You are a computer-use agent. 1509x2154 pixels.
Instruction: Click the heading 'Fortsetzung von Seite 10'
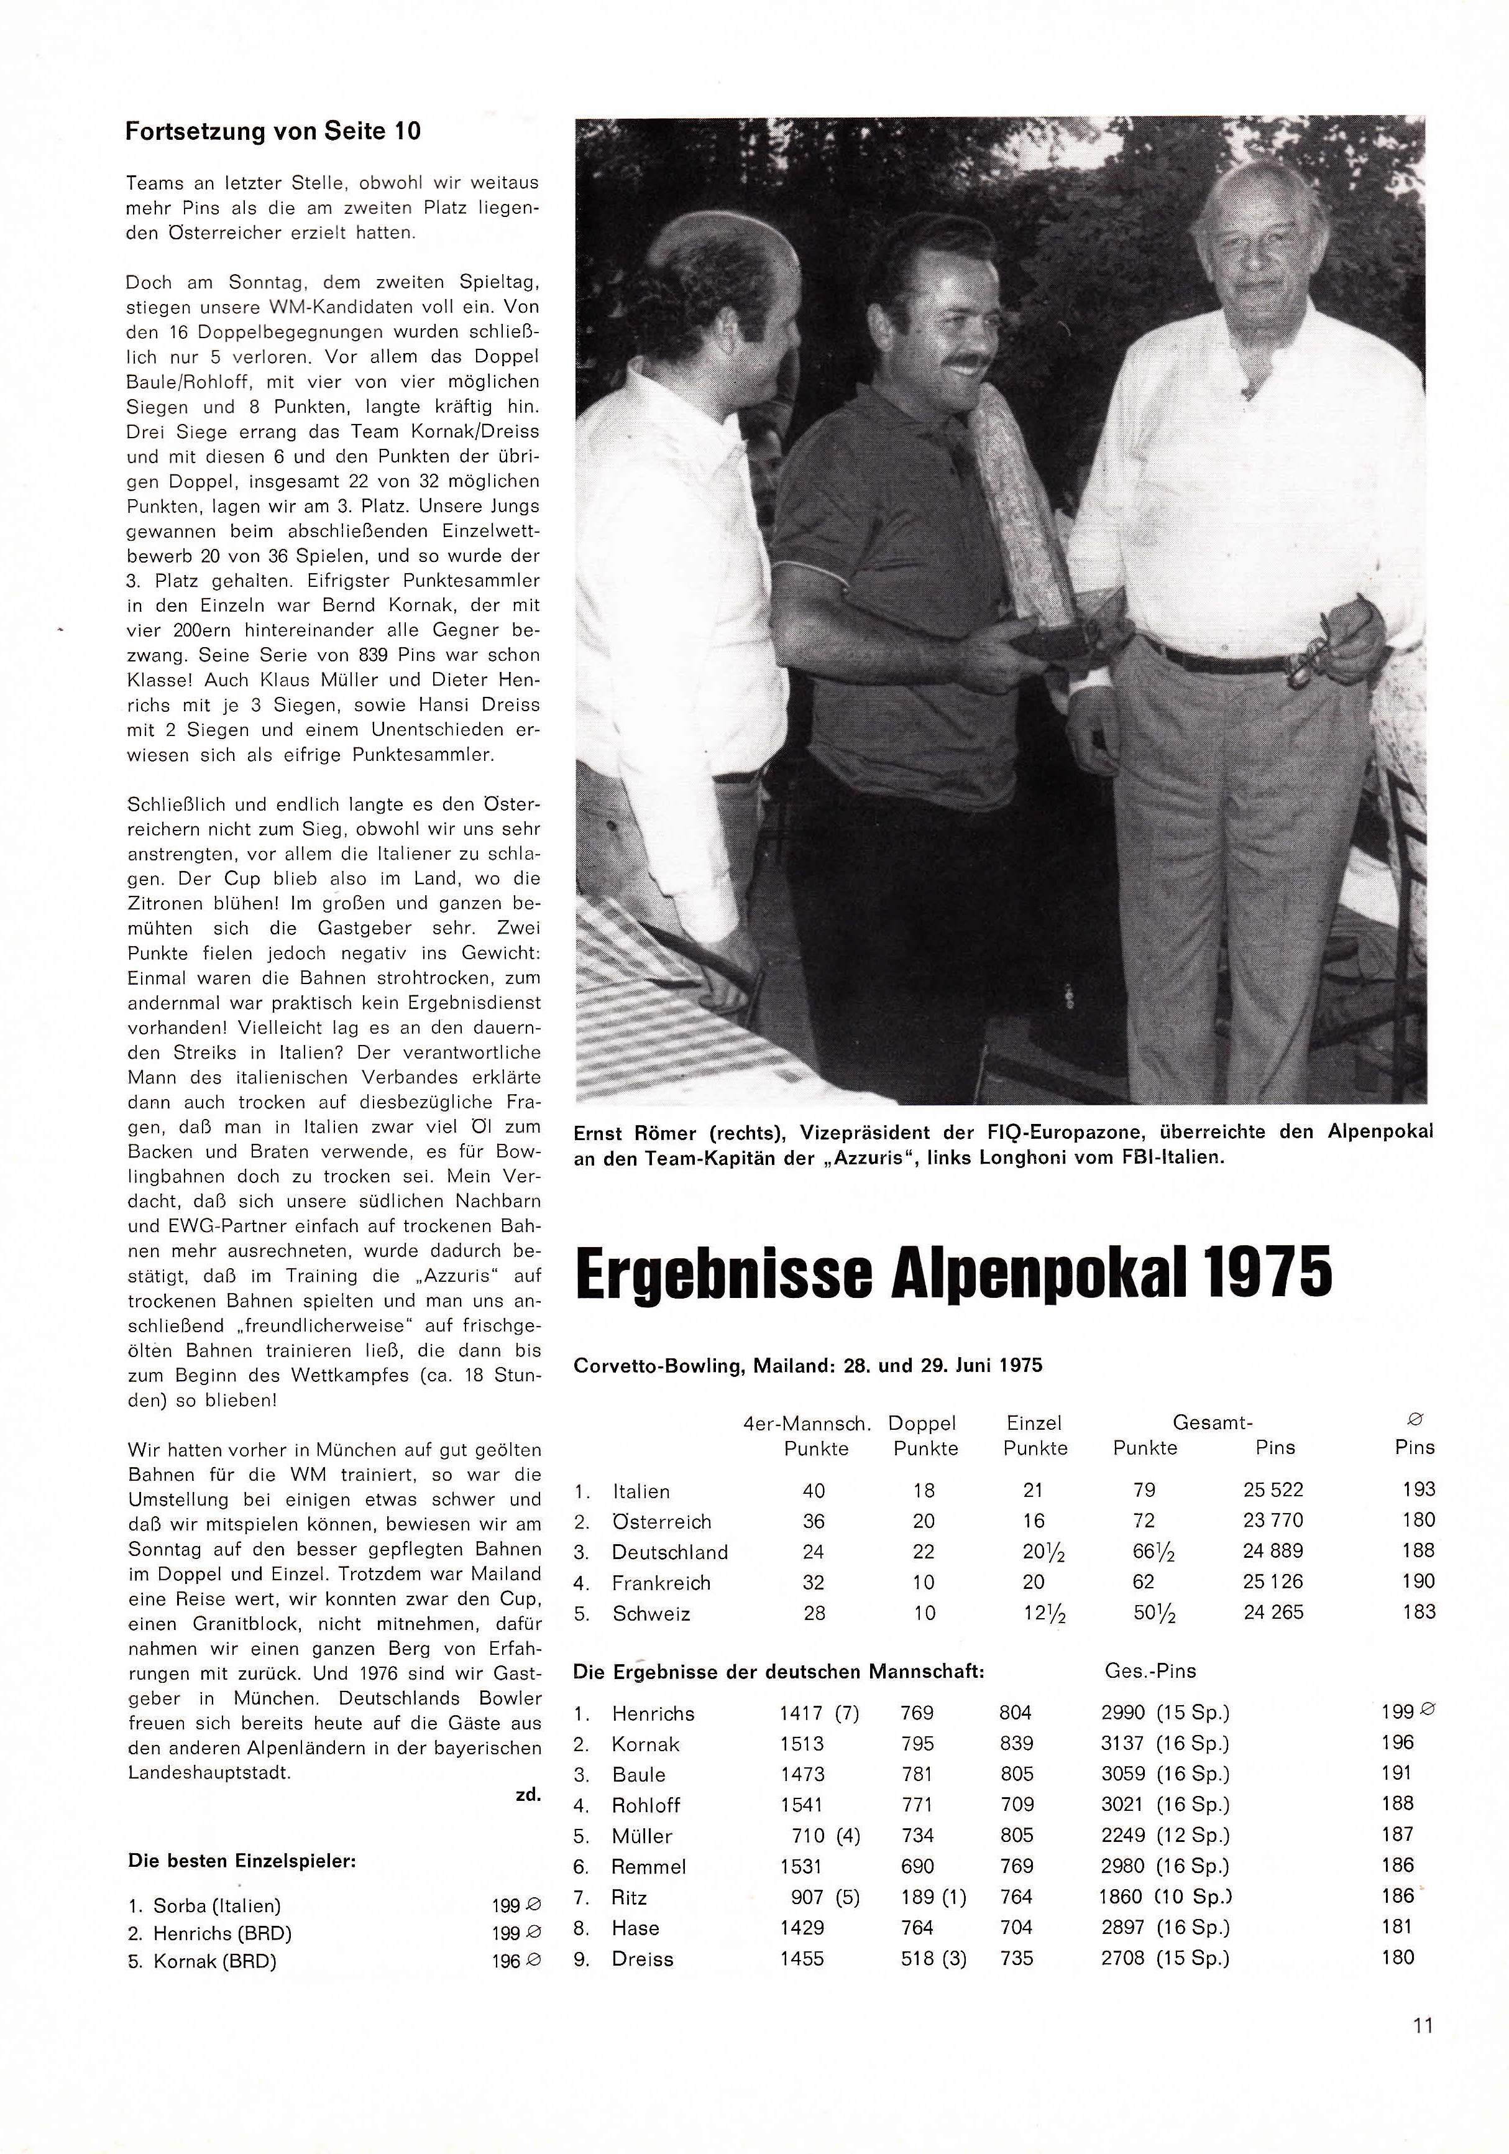[x=273, y=131]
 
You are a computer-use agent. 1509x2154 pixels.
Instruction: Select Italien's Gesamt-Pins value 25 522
[x=1273, y=1490]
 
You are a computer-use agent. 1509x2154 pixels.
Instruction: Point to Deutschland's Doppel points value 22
[x=924, y=1552]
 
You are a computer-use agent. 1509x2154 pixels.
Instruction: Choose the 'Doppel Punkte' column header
[x=925, y=1435]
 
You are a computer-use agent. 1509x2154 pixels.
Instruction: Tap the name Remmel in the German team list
[x=648, y=1866]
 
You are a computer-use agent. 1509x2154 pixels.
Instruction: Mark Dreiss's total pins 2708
[x=1122, y=1958]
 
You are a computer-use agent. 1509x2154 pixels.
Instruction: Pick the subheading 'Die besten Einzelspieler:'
[x=241, y=1861]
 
